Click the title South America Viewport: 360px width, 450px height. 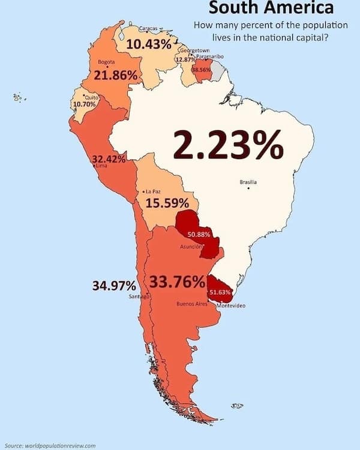[271, 8]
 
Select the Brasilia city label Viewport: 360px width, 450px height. [248, 181]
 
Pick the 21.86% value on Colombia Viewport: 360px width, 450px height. [116, 76]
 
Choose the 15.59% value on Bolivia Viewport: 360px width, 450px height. [167, 203]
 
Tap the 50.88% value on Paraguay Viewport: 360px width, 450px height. [199, 234]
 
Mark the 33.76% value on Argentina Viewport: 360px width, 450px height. [177, 282]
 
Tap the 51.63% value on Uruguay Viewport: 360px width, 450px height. [220, 292]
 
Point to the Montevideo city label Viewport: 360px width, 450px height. [230, 306]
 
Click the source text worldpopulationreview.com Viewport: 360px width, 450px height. [50, 445]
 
